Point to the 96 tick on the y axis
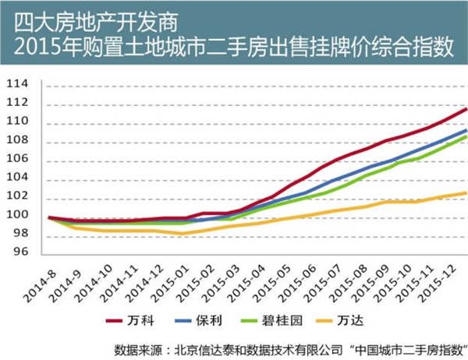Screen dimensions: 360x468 click(x=19, y=252)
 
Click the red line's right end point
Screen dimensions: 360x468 click(x=466, y=108)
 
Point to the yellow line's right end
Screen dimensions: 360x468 click(x=466, y=193)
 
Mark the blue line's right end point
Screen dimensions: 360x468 click(x=466, y=129)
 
